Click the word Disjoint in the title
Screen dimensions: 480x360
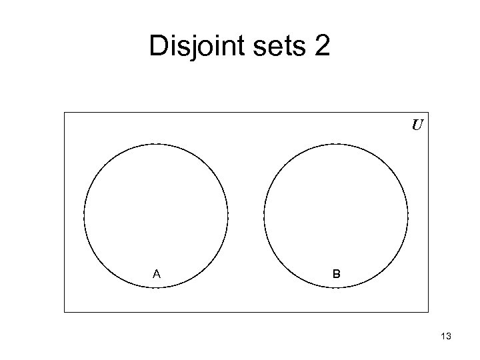(194, 46)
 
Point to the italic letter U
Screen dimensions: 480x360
(417, 125)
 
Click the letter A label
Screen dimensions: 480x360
(156, 273)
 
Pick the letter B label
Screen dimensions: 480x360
(337, 273)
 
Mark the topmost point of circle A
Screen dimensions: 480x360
(156, 143)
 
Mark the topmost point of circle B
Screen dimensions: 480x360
(336, 143)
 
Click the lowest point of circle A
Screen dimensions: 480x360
(156, 287)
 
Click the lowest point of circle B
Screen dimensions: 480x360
(336, 287)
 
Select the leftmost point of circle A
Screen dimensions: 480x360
(84, 215)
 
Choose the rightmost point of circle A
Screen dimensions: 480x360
(228, 215)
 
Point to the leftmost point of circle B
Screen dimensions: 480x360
(264, 215)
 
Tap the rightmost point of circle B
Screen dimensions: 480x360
(408, 215)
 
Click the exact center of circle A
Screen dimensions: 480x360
(156, 215)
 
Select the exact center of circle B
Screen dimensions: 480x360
(336, 215)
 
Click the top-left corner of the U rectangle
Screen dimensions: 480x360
(65, 112)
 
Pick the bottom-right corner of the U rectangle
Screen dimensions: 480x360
(428, 312)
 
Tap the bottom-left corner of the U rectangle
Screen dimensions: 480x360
(65, 312)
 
